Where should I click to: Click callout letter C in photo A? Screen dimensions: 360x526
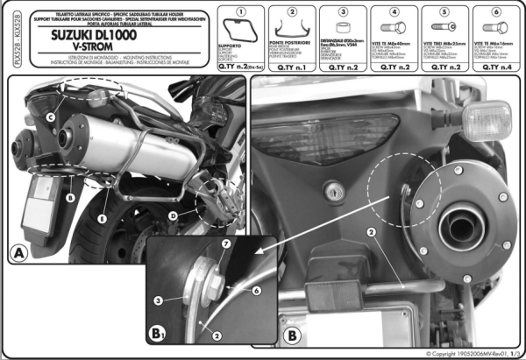coord(51,117)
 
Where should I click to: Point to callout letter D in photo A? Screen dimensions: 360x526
coord(171,213)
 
